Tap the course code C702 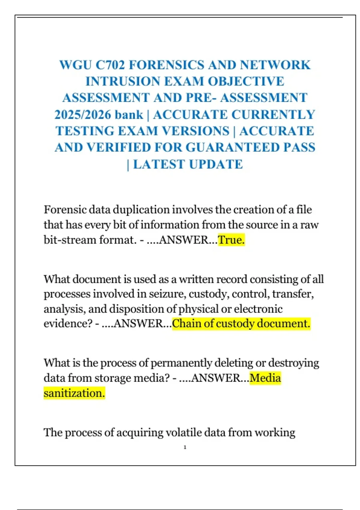(110, 65)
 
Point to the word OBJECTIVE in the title (246, 82)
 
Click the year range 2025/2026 (82, 115)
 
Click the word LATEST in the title (159, 164)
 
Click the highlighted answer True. (231, 240)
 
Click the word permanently (181, 363)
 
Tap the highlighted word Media (265, 378)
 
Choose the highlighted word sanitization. (74, 393)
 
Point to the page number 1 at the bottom (185, 447)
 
